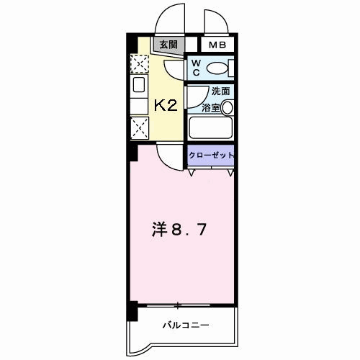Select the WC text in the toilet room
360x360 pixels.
click(195, 68)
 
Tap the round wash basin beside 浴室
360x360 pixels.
click(227, 108)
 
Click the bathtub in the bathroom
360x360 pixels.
click(210, 129)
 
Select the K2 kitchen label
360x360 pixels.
click(167, 106)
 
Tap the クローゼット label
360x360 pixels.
click(211, 156)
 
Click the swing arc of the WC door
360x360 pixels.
click(176, 72)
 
